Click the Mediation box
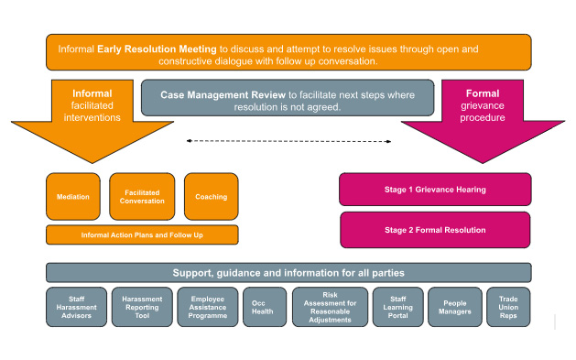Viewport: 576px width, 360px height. point(73,196)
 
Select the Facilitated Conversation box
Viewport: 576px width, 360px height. point(142,196)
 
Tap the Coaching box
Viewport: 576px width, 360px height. point(211,196)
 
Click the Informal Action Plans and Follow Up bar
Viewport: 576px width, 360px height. point(142,235)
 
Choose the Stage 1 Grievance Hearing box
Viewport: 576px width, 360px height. point(434,190)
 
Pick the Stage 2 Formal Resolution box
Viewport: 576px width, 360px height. point(434,229)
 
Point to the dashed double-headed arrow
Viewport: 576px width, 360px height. point(288,141)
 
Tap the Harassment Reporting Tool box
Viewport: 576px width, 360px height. point(141,307)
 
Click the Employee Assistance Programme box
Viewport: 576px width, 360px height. point(207,307)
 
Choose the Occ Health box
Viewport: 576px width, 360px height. point(265,307)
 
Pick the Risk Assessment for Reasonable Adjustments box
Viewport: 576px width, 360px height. point(331,307)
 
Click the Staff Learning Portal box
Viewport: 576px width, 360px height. point(397,307)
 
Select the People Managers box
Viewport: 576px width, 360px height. point(456,307)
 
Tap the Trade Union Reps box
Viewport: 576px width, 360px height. point(508,307)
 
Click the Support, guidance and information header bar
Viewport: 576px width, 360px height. point(288,273)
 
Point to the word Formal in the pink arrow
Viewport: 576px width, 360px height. point(482,93)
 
